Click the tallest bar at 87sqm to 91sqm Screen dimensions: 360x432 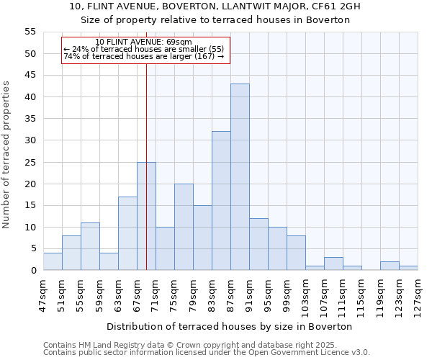240,177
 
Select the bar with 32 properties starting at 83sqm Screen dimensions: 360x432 221,201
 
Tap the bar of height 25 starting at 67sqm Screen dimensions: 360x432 146,216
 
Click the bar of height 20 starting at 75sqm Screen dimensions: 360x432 184,227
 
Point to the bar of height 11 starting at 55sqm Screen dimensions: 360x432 90,246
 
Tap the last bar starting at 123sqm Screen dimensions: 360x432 408,269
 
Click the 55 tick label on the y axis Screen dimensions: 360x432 30,32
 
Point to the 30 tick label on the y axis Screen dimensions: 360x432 30,140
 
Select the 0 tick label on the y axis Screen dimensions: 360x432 32,271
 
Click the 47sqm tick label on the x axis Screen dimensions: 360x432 43,292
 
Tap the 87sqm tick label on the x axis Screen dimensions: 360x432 230,292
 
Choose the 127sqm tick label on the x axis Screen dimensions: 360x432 418,294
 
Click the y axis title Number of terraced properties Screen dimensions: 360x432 6,155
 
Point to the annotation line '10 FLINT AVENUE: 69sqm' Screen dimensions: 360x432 143,42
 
